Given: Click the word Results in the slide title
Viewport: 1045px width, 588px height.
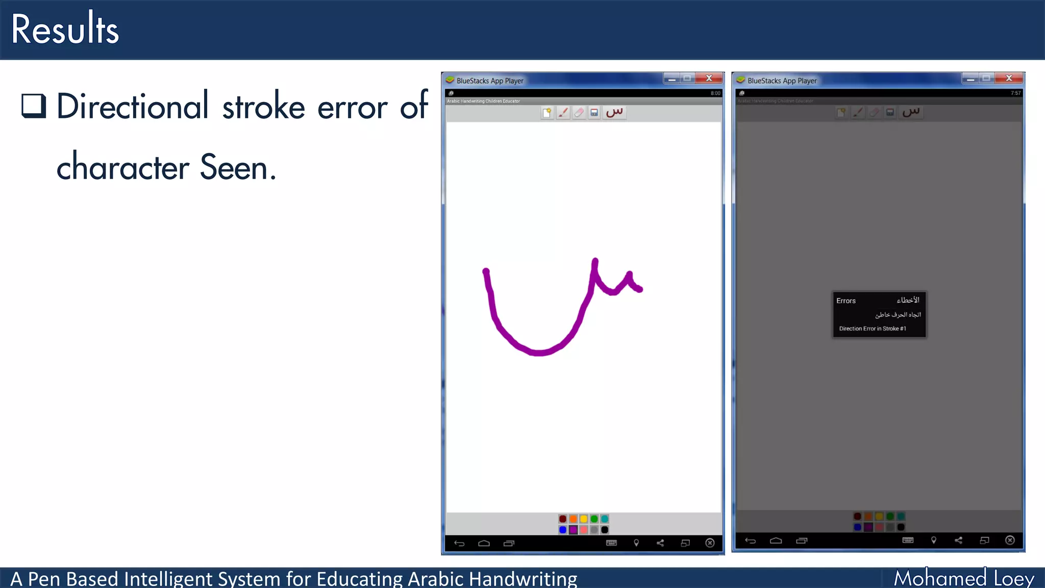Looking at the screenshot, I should (x=65, y=29).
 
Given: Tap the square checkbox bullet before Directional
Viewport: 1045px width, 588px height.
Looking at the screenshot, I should (x=34, y=106).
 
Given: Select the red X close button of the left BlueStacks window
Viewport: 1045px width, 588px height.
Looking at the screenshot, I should (x=709, y=78).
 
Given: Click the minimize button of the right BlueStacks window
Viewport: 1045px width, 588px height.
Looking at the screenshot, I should (x=970, y=79).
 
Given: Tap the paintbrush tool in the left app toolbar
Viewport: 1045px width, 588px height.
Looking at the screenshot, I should (x=563, y=112).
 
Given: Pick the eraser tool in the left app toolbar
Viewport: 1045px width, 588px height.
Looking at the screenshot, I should (x=579, y=112).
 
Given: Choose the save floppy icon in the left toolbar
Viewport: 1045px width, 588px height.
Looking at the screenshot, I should (x=594, y=112).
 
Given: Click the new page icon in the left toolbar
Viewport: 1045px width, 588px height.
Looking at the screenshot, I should (x=547, y=112).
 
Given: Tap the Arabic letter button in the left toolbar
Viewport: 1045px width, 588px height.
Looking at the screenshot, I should (x=614, y=112).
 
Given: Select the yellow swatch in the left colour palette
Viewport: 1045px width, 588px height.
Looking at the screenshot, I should (x=584, y=519).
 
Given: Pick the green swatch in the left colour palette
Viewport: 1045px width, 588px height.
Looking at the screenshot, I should (x=594, y=519).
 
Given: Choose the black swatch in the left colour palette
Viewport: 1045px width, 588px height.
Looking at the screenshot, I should (x=605, y=530).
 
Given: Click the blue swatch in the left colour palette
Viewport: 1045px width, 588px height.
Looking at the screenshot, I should (x=562, y=530).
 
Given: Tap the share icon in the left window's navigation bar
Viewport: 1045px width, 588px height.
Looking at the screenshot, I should (x=660, y=543).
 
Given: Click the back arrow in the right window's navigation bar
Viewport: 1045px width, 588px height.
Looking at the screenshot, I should (x=750, y=541).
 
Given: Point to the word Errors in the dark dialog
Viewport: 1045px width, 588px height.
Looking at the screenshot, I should (x=846, y=301).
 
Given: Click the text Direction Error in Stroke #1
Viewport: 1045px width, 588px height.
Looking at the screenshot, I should (x=873, y=329).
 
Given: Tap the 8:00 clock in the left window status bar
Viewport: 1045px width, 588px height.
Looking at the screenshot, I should (x=715, y=93).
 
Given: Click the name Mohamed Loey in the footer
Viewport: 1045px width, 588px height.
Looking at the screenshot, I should (x=964, y=578).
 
